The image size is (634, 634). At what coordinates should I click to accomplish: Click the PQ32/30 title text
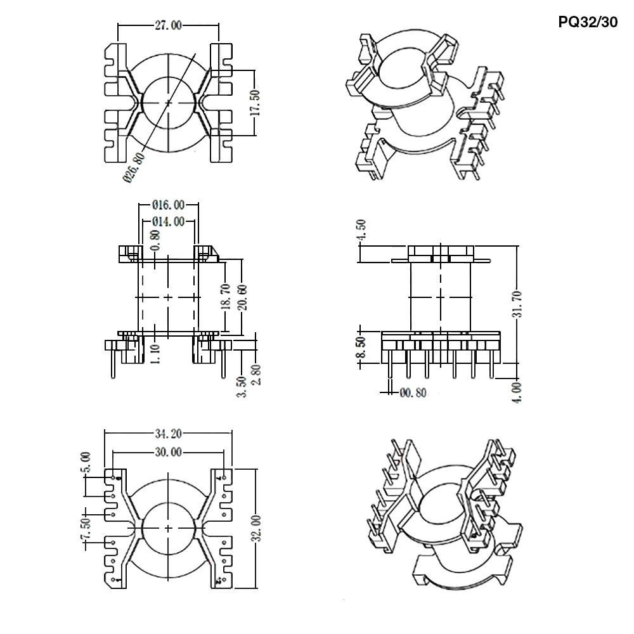pos(587,22)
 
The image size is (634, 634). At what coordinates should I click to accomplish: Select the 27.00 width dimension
pos(168,25)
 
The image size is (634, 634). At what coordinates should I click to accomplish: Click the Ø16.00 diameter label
pos(169,205)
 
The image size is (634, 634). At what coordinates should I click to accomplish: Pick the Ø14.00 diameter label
pos(169,221)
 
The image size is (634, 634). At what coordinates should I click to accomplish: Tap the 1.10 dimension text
pos(156,351)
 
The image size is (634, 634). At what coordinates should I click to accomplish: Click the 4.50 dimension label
pos(362,230)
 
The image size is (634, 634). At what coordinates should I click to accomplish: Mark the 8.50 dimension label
pos(362,347)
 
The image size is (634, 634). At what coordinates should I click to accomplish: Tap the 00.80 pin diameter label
pos(413,393)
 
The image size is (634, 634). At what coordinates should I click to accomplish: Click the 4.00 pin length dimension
pos(518,392)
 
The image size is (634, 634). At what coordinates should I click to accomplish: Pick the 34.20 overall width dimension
pos(168,434)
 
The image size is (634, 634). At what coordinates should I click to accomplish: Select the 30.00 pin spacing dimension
pos(168,452)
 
